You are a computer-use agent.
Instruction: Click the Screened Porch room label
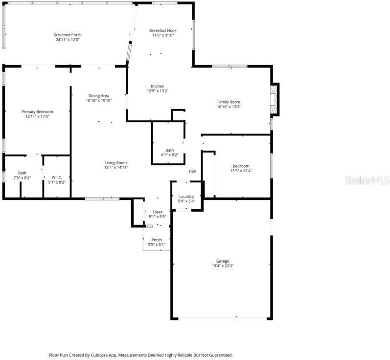68,35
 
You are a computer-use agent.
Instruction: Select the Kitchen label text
157,86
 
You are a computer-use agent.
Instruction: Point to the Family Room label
229,102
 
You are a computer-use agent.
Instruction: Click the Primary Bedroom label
37,112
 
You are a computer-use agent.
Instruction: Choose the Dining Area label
98,95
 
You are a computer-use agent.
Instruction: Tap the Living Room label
115,163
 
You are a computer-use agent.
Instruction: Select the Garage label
223,261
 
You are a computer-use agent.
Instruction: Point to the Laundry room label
186,196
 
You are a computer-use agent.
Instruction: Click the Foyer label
157,212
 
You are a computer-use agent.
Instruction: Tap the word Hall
192,171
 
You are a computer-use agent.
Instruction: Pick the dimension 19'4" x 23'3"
223,266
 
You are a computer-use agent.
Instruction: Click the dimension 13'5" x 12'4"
241,171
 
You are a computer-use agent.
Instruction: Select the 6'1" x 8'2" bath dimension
169,155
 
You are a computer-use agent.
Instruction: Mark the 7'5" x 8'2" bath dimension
23,178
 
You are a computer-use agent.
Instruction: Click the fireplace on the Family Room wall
275,99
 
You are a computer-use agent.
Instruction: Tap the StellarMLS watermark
367,180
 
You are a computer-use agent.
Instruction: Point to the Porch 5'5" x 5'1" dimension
157,245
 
